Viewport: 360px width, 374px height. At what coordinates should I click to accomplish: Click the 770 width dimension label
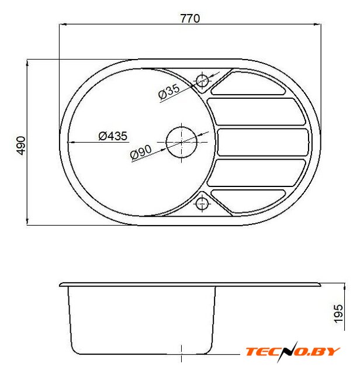click(x=190, y=19)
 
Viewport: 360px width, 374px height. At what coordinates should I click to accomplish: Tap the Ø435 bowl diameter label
click(x=113, y=136)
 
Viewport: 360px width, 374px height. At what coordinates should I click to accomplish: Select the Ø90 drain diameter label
click(x=141, y=152)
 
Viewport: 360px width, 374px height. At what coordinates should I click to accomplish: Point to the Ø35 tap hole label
click(x=169, y=91)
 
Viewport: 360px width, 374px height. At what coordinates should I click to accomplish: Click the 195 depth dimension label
click(x=338, y=314)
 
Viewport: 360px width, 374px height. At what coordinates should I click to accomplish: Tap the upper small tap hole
click(x=202, y=81)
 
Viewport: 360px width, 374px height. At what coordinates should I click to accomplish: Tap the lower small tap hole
click(x=202, y=204)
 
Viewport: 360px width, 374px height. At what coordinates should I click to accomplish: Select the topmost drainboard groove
click(x=248, y=83)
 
